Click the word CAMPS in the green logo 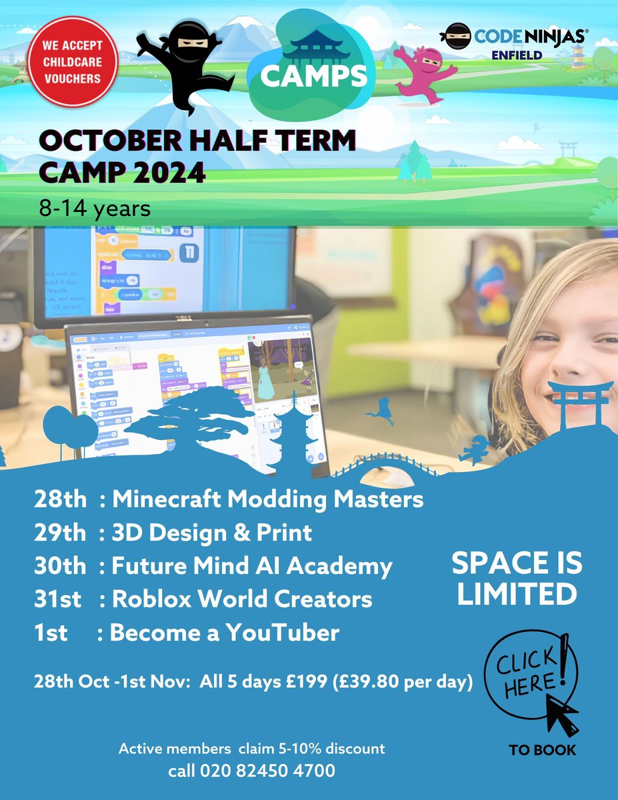(314, 76)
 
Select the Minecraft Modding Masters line (229, 499)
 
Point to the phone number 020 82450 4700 (267, 771)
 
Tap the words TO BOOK (542, 750)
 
